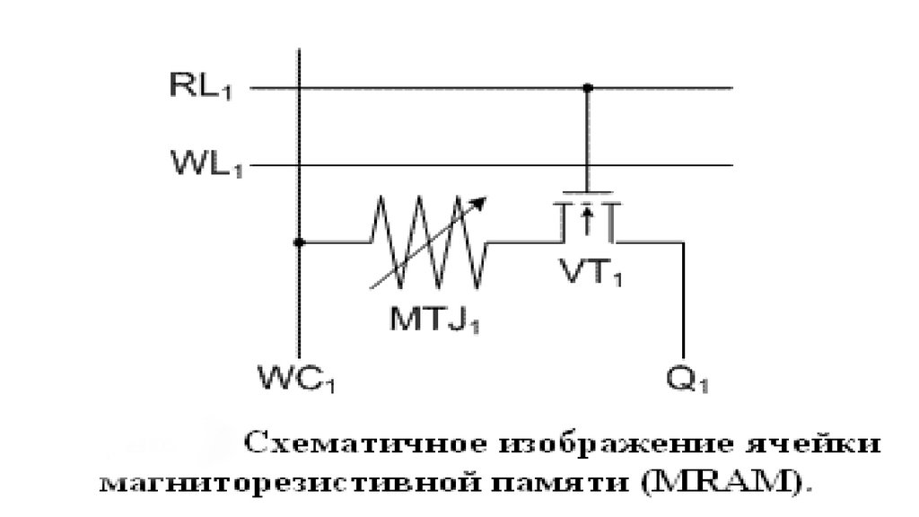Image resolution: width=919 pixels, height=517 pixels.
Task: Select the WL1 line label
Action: pos(206,163)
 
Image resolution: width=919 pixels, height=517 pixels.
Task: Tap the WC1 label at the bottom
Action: pos(296,378)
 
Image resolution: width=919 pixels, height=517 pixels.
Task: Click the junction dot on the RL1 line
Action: pos(587,88)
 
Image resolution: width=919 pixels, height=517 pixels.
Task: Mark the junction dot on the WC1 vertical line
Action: pos(299,241)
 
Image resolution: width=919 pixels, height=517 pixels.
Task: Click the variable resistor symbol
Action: pos(428,241)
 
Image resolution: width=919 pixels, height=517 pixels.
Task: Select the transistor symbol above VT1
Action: pos(587,217)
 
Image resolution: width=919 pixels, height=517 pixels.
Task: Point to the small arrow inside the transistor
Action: pos(587,219)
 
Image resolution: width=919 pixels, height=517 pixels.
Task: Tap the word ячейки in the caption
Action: pos(812,443)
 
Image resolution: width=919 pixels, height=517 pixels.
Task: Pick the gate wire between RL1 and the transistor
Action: pos(587,139)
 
